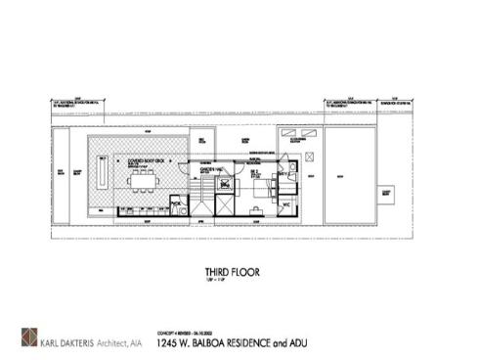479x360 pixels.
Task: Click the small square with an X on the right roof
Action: [x=309, y=156]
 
